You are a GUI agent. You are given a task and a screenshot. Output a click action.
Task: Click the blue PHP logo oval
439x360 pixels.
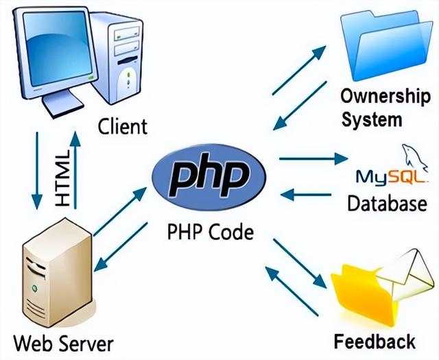pos(209,178)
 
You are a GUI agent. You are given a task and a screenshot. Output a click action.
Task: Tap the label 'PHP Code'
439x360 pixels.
pos(211,232)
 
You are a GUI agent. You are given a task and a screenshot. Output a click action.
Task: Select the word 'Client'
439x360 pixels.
pos(122,126)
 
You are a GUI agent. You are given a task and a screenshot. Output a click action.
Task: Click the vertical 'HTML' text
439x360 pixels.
pos(62,178)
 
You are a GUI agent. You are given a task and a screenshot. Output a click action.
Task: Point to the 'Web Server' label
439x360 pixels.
pos(64,343)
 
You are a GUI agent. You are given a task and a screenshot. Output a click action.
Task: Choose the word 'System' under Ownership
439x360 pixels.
pos(372,120)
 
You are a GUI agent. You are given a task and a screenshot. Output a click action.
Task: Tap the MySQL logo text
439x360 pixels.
pos(392,177)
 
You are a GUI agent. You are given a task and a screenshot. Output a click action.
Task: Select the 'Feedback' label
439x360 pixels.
pos(375,341)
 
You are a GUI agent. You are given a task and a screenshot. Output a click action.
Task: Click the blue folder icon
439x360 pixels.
pos(386,45)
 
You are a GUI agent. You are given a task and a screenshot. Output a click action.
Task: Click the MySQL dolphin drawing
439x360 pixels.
pos(414,158)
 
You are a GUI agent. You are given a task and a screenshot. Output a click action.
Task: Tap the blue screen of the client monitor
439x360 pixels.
pos(58,48)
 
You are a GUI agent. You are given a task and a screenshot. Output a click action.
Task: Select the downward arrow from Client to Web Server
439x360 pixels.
pos(37,171)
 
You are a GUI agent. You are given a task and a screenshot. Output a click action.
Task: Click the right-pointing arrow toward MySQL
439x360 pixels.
pos(313,159)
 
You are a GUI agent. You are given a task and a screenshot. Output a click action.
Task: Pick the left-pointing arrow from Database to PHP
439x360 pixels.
pos(306,195)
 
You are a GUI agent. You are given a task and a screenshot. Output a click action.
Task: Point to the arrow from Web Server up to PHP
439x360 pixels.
pos(120,212)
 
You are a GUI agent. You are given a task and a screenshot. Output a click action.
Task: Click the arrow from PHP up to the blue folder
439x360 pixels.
pos(299,70)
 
